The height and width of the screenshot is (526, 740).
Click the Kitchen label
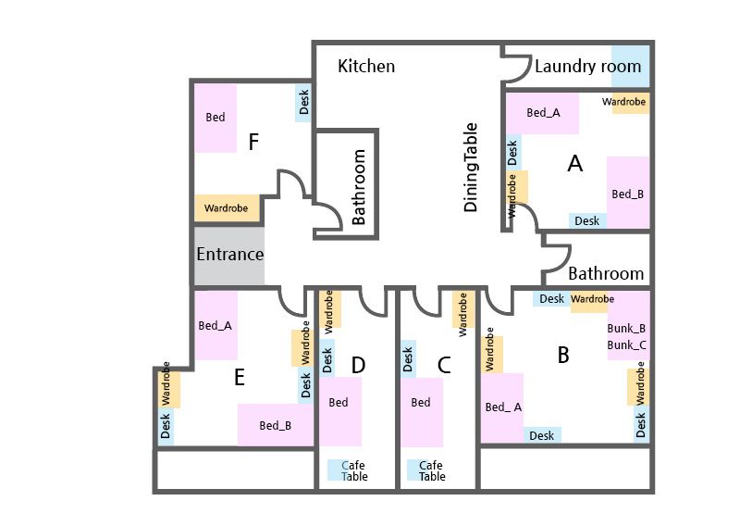[366, 67]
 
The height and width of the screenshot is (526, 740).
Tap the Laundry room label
[587, 67]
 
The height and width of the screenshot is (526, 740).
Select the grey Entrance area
[229, 255]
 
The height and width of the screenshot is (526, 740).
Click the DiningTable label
[471, 168]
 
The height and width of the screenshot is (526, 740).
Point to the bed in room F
[216, 118]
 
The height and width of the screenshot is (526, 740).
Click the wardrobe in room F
[227, 208]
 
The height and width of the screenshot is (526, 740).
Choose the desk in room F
[304, 103]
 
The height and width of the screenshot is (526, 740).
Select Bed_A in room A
[543, 113]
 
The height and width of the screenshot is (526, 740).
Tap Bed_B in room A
[628, 194]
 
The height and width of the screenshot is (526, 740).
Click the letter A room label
[575, 164]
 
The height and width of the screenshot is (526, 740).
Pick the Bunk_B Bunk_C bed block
[627, 337]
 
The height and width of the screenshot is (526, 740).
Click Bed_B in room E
[276, 426]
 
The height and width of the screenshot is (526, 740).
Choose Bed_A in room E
[216, 326]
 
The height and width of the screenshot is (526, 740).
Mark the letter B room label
[562, 355]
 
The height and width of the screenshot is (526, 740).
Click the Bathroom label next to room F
[359, 188]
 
